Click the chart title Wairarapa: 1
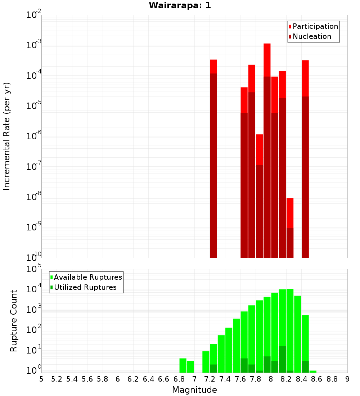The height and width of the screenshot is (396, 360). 180,6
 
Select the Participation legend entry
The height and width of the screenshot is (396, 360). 315,27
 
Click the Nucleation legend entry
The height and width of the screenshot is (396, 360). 311,37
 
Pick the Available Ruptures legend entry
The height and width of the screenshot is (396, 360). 87,278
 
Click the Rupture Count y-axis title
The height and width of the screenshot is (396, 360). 14,320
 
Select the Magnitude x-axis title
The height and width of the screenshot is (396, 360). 194,390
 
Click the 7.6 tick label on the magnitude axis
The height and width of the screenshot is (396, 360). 240,379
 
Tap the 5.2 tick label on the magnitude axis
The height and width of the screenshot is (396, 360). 57,379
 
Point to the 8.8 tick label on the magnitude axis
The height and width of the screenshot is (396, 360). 332,379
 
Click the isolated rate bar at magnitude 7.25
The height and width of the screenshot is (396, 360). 213,158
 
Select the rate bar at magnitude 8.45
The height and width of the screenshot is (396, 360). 305,158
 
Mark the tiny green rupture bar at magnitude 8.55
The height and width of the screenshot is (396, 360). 313,372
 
